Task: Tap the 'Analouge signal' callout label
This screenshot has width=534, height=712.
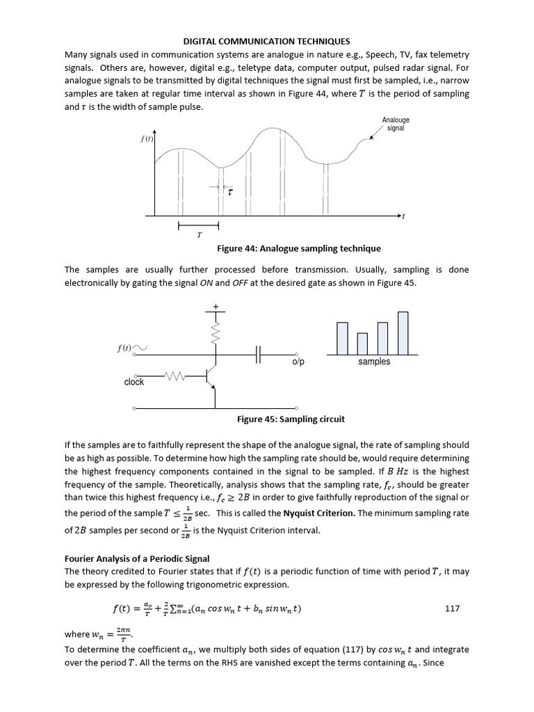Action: [395, 124]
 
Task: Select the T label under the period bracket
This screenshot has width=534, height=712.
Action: [199, 236]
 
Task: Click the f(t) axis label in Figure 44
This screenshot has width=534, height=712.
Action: [146, 138]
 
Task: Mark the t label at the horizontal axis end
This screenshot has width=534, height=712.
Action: [404, 216]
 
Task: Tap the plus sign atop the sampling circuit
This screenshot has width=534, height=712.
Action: [216, 306]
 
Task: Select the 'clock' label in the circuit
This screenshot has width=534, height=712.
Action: [134, 382]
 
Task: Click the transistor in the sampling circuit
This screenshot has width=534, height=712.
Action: [211, 376]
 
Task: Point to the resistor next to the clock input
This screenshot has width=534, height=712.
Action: [175, 376]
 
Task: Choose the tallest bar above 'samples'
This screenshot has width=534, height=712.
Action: [403, 333]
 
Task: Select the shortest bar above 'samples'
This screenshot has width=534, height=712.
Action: [362, 343]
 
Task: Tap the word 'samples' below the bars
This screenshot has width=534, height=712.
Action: [374, 362]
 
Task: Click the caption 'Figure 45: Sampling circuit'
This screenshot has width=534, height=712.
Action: [291, 419]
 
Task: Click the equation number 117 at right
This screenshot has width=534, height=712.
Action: [452, 608]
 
